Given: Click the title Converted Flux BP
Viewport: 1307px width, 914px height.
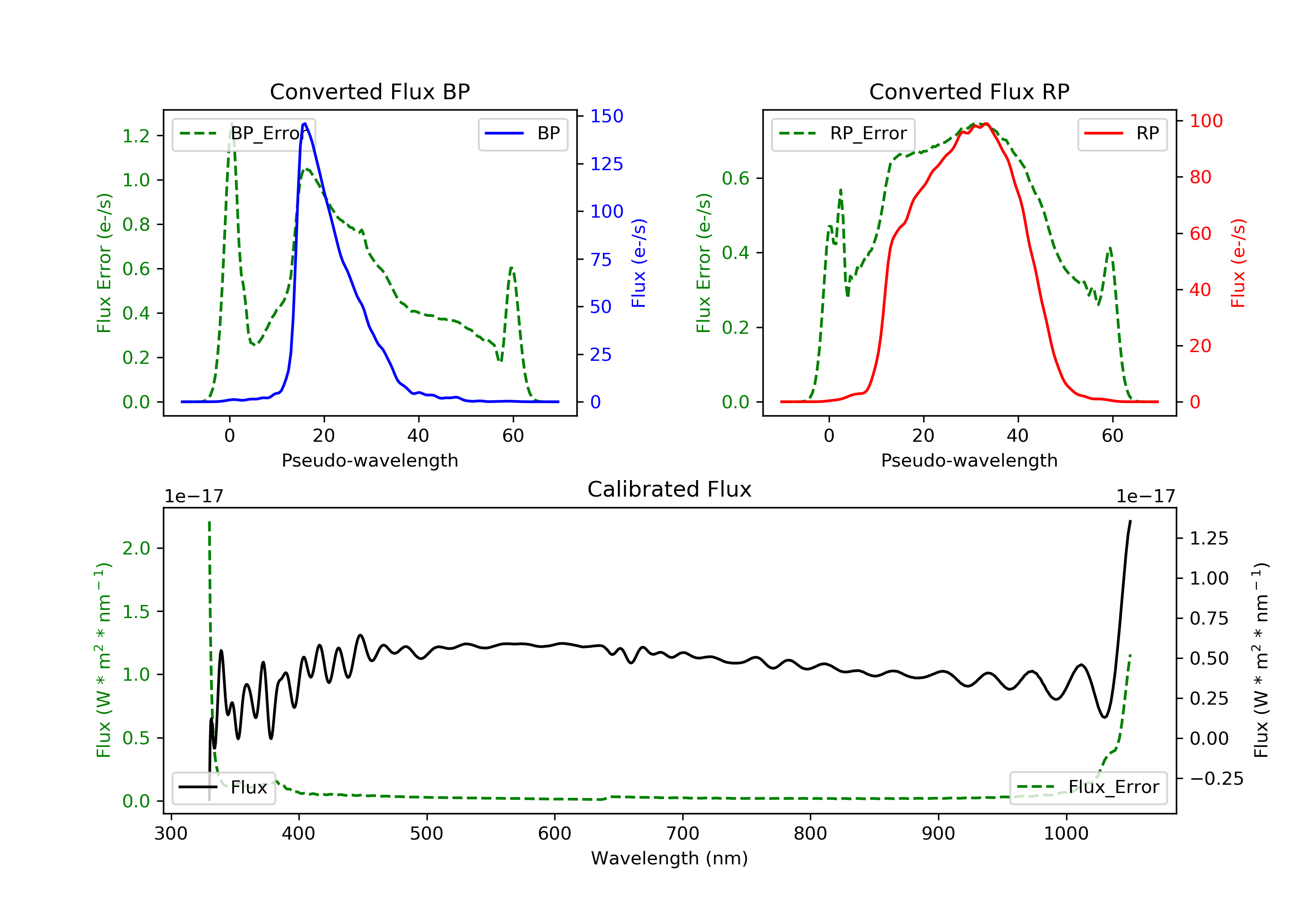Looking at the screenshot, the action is tap(369, 91).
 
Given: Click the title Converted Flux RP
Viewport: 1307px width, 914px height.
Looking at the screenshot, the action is tap(969, 91).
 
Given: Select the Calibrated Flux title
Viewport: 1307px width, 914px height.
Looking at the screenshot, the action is tap(670, 489).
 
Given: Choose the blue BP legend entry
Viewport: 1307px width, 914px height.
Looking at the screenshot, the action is tap(522, 134).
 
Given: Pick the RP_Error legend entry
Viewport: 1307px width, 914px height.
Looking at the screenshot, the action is tap(843, 134).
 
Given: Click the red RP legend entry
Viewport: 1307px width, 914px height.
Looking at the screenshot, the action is tap(1122, 134).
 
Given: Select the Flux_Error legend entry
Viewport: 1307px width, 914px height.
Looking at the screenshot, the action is tap(1088, 787).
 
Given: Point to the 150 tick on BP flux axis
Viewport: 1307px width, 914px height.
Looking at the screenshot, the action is tap(607, 116).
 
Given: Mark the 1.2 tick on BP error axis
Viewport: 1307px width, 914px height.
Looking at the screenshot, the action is tap(136, 136).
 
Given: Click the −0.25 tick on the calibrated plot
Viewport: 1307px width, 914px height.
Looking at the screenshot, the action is tap(1216, 778).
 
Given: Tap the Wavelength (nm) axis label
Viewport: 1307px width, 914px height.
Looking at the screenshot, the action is tap(670, 858).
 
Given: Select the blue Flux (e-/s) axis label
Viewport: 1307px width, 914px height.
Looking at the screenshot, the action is tap(639, 263).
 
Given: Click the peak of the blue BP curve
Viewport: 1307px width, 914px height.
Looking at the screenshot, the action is tap(305, 124).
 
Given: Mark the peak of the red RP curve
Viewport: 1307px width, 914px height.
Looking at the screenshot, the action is tap(986, 124).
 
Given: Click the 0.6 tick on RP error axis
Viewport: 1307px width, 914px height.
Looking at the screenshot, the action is tap(735, 178).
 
